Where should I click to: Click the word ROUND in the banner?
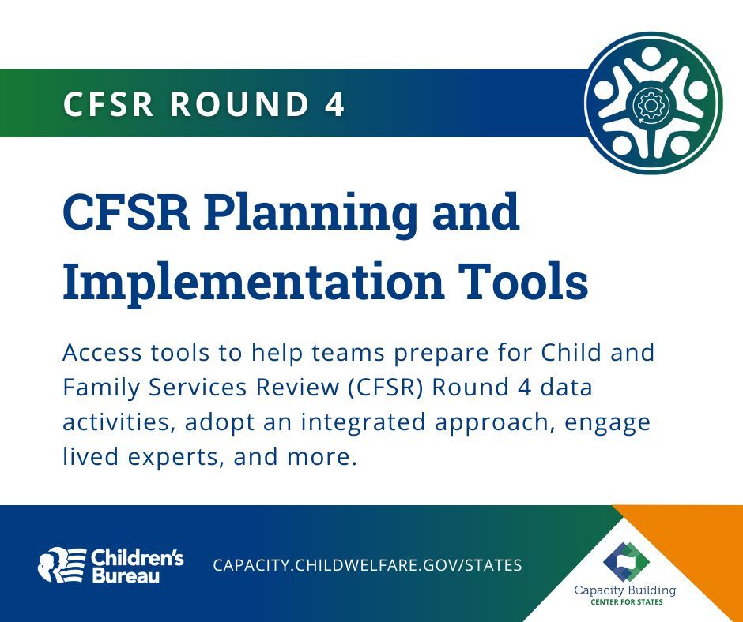[x=238, y=104]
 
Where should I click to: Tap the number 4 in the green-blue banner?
[x=335, y=104]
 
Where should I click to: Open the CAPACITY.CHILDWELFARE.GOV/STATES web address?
[x=368, y=565]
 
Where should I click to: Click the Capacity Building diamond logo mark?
[x=626, y=560]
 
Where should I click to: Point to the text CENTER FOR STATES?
[x=626, y=602]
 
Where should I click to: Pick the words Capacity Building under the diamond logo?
[x=626, y=590]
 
